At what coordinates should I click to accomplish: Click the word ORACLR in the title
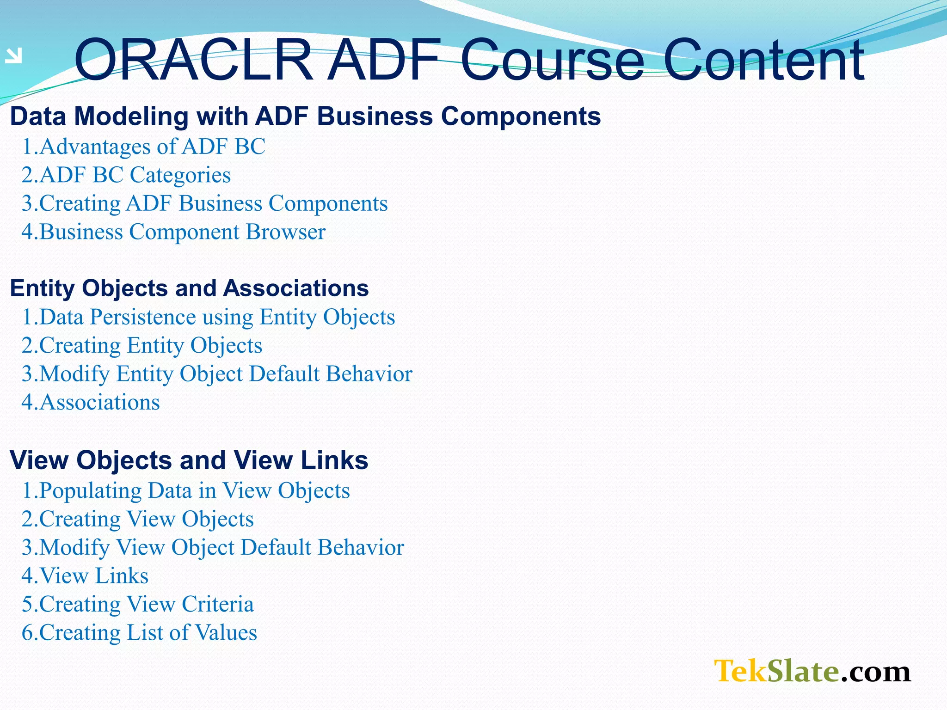[193, 60]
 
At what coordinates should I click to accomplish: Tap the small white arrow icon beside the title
[14, 56]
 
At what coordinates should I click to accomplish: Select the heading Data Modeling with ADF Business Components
[305, 116]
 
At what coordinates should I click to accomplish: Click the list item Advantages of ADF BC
[143, 147]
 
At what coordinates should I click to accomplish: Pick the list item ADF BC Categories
[126, 175]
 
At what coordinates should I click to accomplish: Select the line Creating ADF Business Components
[204, 203]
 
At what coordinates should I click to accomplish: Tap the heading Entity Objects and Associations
[189, 288]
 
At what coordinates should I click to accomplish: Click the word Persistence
[143, 317]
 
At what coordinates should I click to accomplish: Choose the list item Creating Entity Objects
[141, 345]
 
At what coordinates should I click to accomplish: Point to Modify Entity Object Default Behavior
[216, 373]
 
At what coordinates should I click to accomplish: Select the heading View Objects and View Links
[189, 460]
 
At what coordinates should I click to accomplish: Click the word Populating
[90, 490]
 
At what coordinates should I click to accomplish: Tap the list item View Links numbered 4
[85, 575]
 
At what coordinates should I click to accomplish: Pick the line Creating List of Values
[139, 632]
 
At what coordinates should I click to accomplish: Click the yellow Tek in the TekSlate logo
[740, 671]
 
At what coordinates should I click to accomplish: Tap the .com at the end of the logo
[875, 671]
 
